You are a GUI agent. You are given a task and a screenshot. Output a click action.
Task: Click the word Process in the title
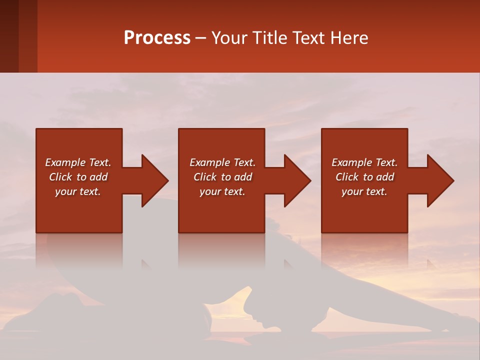(x=157, y=38)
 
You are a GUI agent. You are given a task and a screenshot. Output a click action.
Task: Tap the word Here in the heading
(x=349, y=38)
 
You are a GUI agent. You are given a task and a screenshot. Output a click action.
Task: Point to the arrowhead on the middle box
(x=297, y=180)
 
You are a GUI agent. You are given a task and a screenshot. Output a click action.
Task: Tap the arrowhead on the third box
(x=440, y=180)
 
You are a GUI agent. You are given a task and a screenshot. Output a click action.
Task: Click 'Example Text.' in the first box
(x=78, y=162)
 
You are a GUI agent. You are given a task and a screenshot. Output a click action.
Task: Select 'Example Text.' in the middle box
(x=222, y=162)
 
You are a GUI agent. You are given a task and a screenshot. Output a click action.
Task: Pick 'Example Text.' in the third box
(x=364, y=162)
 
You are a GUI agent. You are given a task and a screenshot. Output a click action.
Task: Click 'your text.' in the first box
(x=78, y=191)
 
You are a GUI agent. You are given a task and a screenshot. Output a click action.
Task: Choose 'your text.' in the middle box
(x=222, y=191)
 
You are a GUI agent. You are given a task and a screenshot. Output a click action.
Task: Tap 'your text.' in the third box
(x=364, y=191)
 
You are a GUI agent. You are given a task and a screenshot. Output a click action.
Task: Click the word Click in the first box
(x=60, y=177)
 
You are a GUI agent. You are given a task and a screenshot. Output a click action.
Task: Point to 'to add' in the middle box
(x=236, y=177)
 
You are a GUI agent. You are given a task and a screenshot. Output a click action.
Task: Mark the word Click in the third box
(x=347, y=177)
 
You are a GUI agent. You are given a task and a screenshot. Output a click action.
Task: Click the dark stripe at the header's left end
(x=9, y=36)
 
